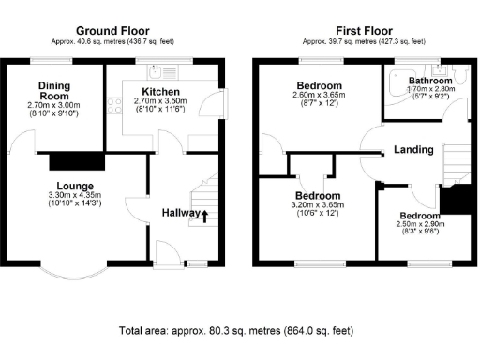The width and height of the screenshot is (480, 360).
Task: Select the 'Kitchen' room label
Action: (161, 92)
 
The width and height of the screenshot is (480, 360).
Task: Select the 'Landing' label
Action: (412, 149)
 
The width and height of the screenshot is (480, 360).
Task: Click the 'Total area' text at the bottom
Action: (236, 331)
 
